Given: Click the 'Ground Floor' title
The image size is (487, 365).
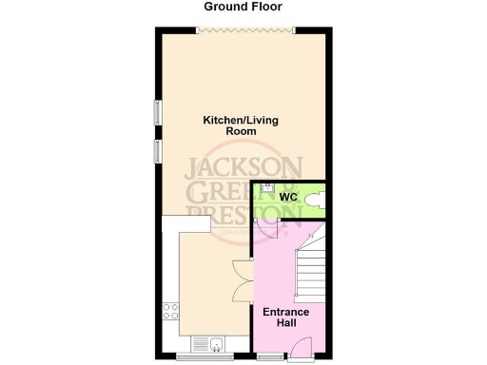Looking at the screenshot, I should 243,7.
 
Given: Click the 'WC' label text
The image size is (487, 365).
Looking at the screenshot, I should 289,197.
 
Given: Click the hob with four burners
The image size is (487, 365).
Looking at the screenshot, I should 171,312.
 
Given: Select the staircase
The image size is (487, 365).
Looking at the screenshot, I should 311,269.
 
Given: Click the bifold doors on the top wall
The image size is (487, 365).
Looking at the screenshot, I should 243,29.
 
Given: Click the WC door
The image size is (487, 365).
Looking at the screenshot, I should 269,229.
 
